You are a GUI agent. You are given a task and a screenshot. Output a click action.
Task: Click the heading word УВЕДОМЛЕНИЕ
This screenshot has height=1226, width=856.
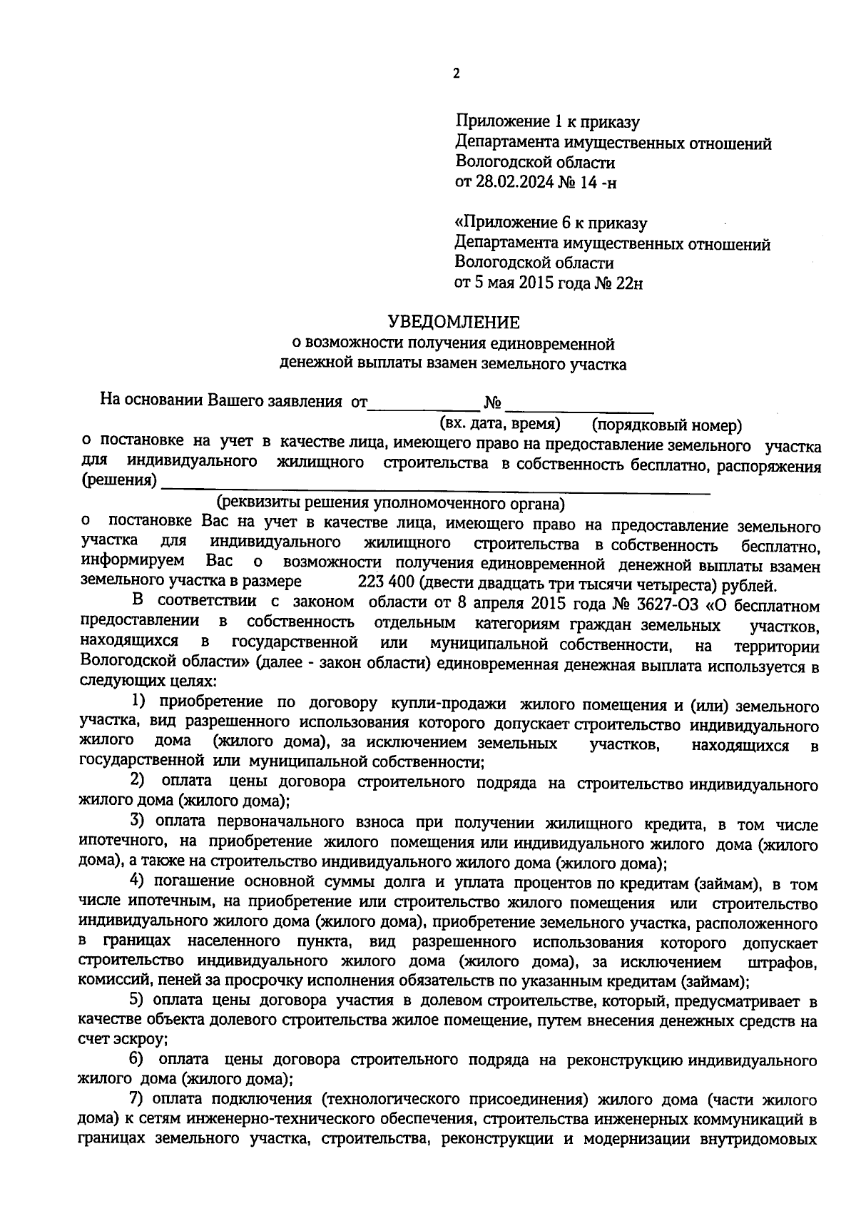coord(454,322)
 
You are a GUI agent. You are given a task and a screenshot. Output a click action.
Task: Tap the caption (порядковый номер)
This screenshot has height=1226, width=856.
coord(667,426)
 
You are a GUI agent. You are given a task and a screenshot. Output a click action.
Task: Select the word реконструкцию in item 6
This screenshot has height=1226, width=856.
coord(623,1060)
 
